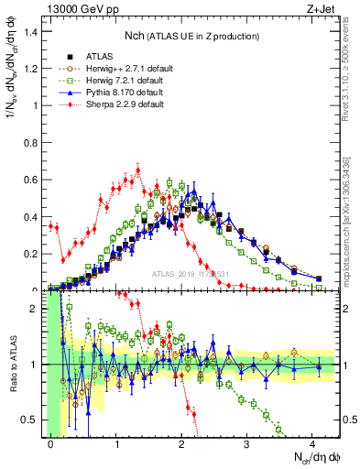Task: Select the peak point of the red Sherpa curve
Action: [x=137, y=169]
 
